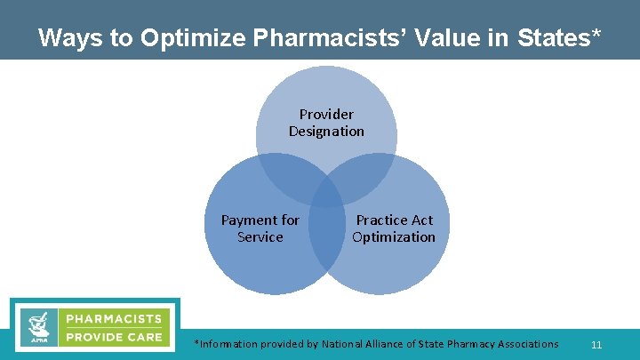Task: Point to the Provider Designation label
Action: [x=326, y=123]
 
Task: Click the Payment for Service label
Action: [x=260, y=228]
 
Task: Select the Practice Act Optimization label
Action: [x=394, y=228]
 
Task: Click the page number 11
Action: [x=596, y=344]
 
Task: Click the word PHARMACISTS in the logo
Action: [x=114, y=318]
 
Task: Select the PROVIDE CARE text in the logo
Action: [x=114, y=337]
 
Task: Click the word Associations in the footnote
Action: [x=524, y=344]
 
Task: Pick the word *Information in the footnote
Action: [x=226, y=344]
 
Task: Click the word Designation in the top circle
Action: [x=326, y=132]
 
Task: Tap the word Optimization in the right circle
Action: [x=394, y=237]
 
